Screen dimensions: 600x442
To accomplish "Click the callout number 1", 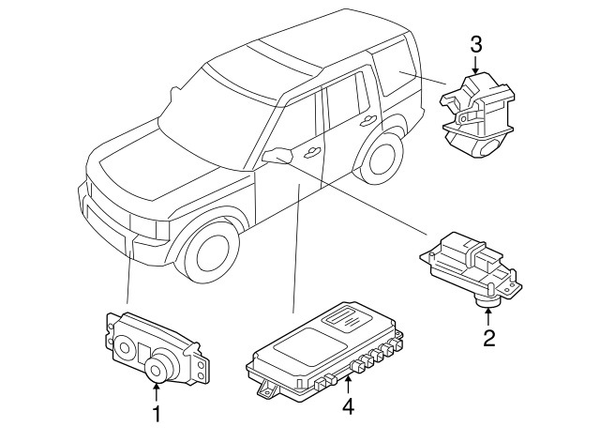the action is (x=157, y=414).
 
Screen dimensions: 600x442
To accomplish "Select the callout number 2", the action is (x=489, y=338).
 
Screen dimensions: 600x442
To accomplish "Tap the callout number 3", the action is (x=475, y=45).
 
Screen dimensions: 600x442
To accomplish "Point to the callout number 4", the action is (x=348, y=406).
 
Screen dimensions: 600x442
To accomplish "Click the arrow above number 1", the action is (x=157, y=391).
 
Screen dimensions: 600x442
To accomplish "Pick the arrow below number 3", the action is (x=475, y=65).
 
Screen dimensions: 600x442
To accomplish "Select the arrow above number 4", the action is (x=348, y=385).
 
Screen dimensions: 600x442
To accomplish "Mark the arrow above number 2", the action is (x=487, y=316).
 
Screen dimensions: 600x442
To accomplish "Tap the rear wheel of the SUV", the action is (x=380, y=160).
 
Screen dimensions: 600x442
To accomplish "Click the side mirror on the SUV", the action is (x=277, y=155).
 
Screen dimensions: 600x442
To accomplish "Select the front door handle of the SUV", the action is (x=312, y=152).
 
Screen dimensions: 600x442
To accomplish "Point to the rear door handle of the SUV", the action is (x=368, y=121).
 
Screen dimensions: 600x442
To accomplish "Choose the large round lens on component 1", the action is (x=157, y=369).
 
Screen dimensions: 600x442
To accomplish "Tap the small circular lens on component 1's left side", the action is (x=124, y=348).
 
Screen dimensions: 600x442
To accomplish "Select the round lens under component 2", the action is (x=487, y=302).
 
